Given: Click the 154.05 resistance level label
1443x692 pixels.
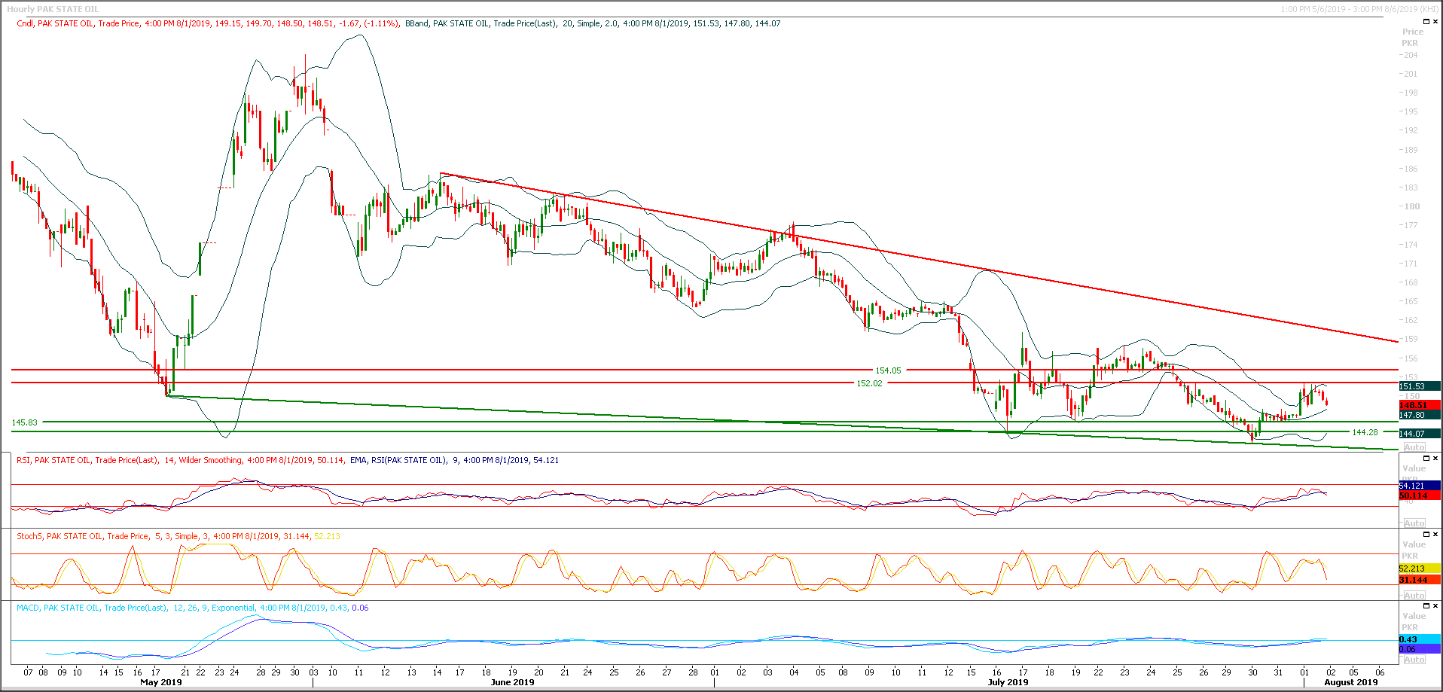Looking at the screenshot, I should [x=888, y=370].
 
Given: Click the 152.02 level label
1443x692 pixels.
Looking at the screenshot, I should [x=869, y=383].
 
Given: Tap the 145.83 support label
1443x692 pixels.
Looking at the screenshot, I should [x=25, y=422].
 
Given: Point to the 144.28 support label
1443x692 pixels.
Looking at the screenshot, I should [x=1365, y=432].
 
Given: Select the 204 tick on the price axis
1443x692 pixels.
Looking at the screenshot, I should [x=1410, y=55].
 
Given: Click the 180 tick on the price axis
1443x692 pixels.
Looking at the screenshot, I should [x=1410, y=206].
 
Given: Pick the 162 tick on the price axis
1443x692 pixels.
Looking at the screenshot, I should [x=1410, y=320].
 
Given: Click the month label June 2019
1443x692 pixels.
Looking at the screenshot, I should [x=512, y=682].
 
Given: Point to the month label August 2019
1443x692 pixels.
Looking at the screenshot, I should [x=1350, y=682].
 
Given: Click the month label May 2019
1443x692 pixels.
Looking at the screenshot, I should [x=161, y=682].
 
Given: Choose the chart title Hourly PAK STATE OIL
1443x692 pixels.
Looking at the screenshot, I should [x=53, y=9].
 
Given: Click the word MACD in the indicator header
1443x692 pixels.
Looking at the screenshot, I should [x=28, y=608].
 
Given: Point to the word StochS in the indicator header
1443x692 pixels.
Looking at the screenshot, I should [x=29, y=536].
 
